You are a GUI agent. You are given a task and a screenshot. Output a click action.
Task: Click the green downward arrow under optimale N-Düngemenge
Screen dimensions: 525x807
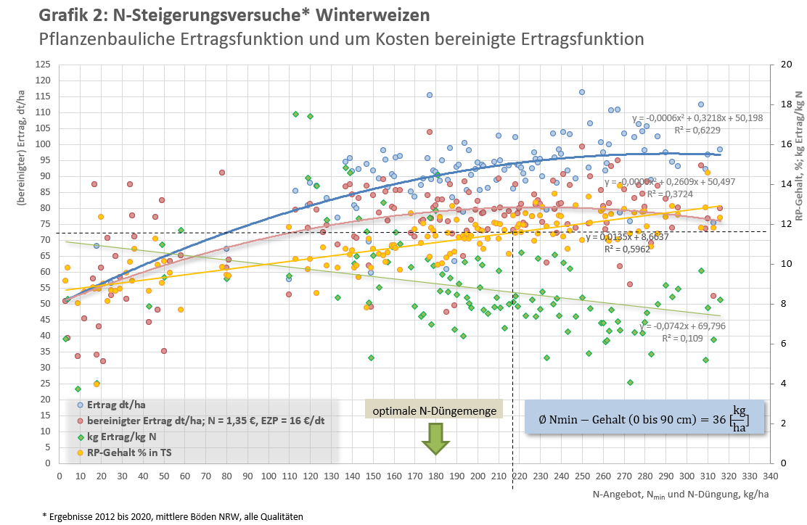435,439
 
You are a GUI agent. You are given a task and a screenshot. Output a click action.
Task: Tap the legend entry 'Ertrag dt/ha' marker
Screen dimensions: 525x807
80,405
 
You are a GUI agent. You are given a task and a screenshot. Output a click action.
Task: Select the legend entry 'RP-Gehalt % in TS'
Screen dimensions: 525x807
80,452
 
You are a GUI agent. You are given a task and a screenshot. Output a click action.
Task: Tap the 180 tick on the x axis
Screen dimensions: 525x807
435,476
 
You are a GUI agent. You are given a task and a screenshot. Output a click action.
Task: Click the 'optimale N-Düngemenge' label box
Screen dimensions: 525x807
434,411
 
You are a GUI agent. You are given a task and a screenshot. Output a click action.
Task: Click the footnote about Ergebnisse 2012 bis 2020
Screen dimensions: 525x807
173,516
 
